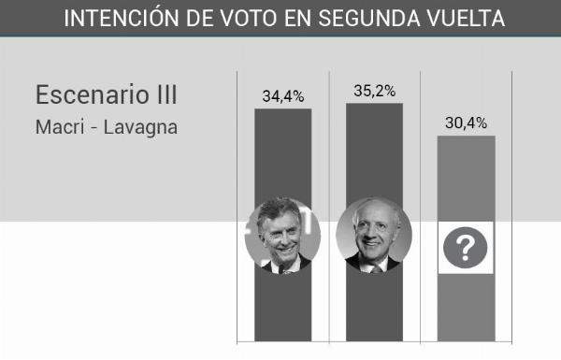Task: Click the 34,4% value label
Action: [x=283, y=96]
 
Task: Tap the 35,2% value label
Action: [x=375, y=91]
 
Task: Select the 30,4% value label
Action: [x=467, y=123]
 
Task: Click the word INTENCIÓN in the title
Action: [x=122, y=19]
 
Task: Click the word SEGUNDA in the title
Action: [x=369, y=19]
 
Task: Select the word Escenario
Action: [x=93, y=94]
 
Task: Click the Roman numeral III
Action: [x=166, y=94]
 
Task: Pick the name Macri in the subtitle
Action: [x=60, y=127]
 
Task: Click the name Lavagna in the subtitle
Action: [x=140, y=128]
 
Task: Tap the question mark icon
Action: [x=465, y=248]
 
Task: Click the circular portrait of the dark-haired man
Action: [x=282, y=236]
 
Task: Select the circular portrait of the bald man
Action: [x=374, y=235]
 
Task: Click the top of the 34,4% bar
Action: [x=283, y=109]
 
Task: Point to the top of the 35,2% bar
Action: [x=375, y=104]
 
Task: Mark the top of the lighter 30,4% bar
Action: [x=467, y=136]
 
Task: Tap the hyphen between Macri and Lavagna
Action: [x=94, y=129]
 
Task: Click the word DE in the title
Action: [x=199, y=19]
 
